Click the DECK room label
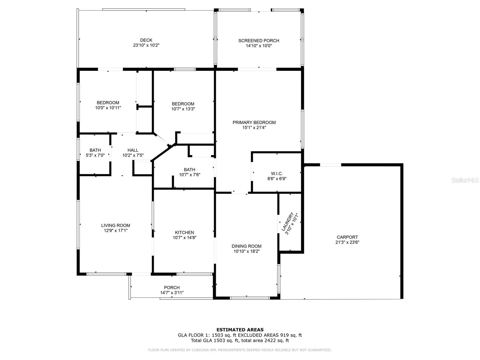coord(146,40)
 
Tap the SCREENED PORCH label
coord(259,41)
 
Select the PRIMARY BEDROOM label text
coord(254,122)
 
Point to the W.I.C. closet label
coord(277,174)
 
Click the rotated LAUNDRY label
coord(287,222)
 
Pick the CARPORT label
coord(347,237)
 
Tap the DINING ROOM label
coord(247,246)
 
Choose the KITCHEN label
coord(184,232)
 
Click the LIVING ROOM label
coord(115,225)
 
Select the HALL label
coord(133,150)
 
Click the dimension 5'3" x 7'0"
coord(95,155)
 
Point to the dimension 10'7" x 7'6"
coord(190,175)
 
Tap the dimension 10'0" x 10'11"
coord(108,108)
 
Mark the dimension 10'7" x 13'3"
coord(183,109)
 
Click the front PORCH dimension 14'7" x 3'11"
coord(172,293)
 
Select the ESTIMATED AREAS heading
coord(240,330)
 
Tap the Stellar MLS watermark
coord(465,180)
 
